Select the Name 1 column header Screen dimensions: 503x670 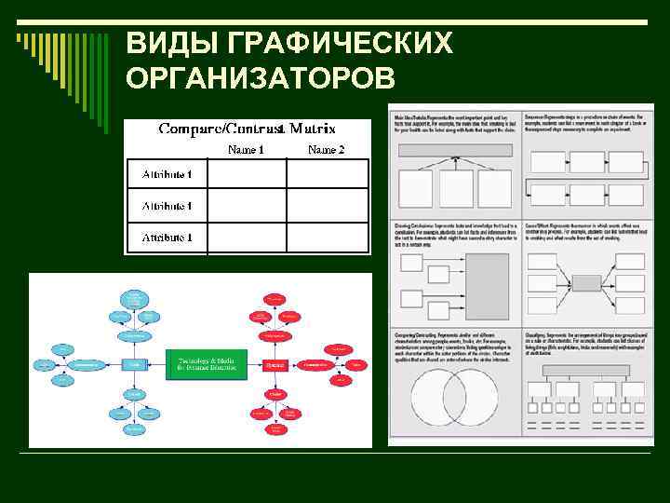tap(246, 150)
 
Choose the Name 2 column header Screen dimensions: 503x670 tap(326, 150)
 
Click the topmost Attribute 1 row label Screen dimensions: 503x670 tap(167, 174)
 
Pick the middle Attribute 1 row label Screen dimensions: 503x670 tap(167, 206)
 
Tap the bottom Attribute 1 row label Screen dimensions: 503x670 tap(167, 238)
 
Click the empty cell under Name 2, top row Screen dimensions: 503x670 tap(327, 174)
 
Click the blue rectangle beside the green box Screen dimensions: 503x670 tap(136, 363)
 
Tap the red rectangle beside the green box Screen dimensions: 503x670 tap(274, 363)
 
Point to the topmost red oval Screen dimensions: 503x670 tap(275, 299)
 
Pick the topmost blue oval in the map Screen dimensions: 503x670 tap(135, 296)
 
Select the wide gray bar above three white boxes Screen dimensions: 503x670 tap(455, 150)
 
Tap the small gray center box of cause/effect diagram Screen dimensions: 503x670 tap(586, 283)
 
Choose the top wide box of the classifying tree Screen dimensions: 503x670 tap(587, 370)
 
